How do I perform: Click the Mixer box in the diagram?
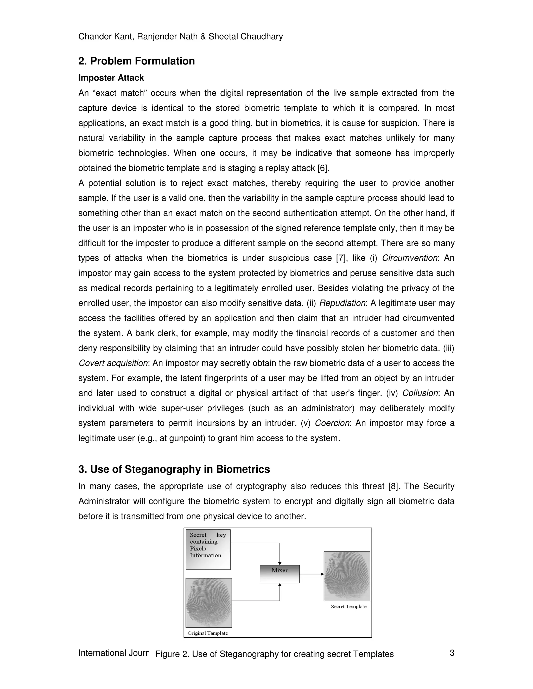280,574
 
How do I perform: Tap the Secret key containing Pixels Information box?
208,549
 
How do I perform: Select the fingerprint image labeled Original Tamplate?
209,603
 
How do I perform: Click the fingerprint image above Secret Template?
347,576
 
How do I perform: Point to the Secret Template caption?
348,606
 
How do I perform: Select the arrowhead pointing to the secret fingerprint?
322,574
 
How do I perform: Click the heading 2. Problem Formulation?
136,61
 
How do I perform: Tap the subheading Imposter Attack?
111,78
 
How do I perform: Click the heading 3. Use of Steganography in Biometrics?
174,469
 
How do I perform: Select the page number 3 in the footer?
452,653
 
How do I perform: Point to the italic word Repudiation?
342,303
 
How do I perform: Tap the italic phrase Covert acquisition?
113,363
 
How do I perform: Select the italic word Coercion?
332,423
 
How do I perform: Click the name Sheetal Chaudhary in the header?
246,37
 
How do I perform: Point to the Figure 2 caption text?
274,654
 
